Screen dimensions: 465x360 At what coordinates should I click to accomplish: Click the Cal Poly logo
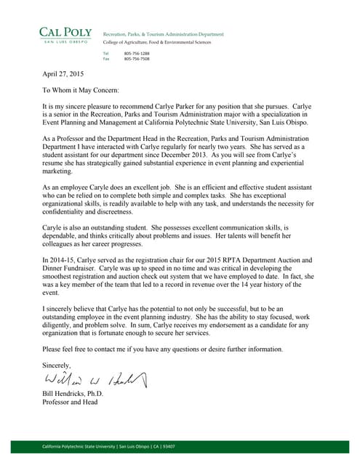click(65, 34)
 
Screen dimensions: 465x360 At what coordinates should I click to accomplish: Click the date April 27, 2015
click(63, 74)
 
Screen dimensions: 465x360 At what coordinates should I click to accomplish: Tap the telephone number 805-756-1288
click(137, 54)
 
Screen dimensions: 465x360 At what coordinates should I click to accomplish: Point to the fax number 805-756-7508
click(137, 59)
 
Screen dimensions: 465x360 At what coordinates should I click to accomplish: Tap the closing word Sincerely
click(57, 365)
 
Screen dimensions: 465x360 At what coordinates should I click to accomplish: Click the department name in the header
click(164, 34)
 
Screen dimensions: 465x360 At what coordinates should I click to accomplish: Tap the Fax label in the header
click(106, 59)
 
